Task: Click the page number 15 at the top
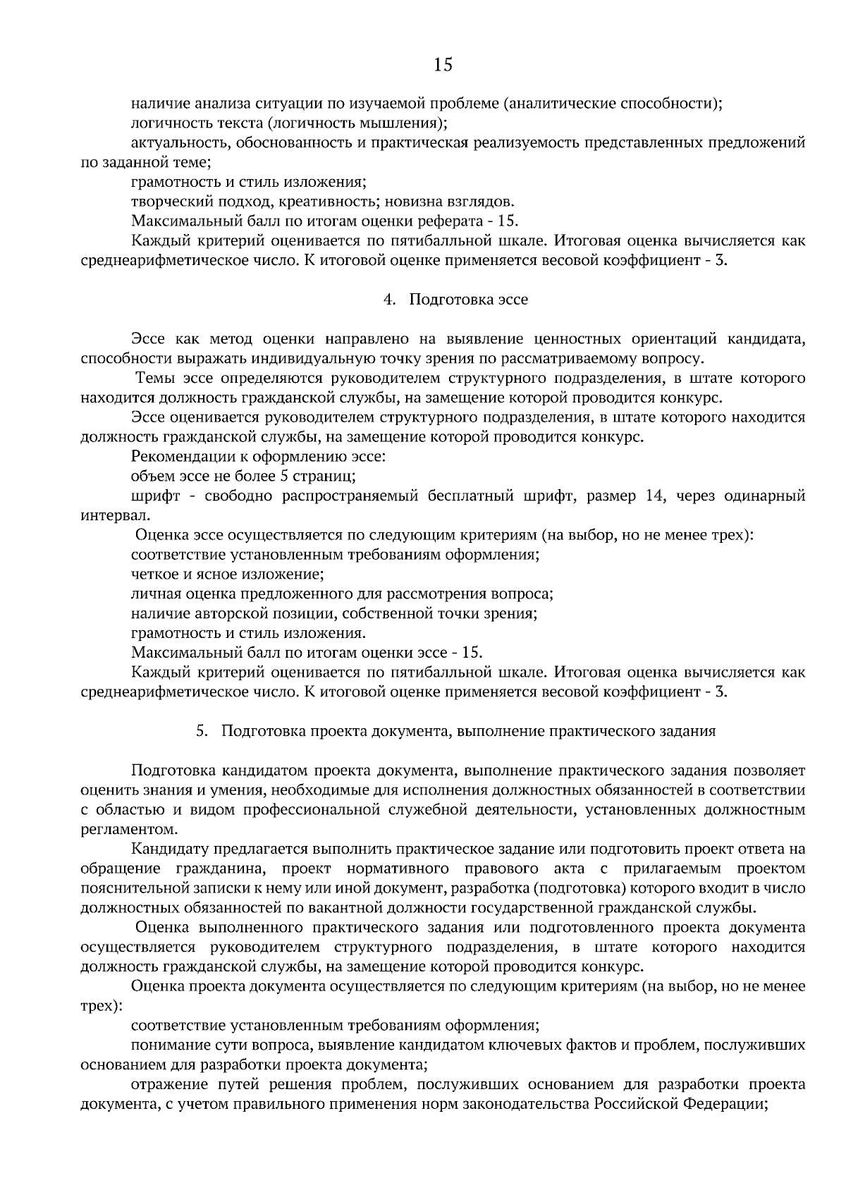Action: click(x=443, y=66)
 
